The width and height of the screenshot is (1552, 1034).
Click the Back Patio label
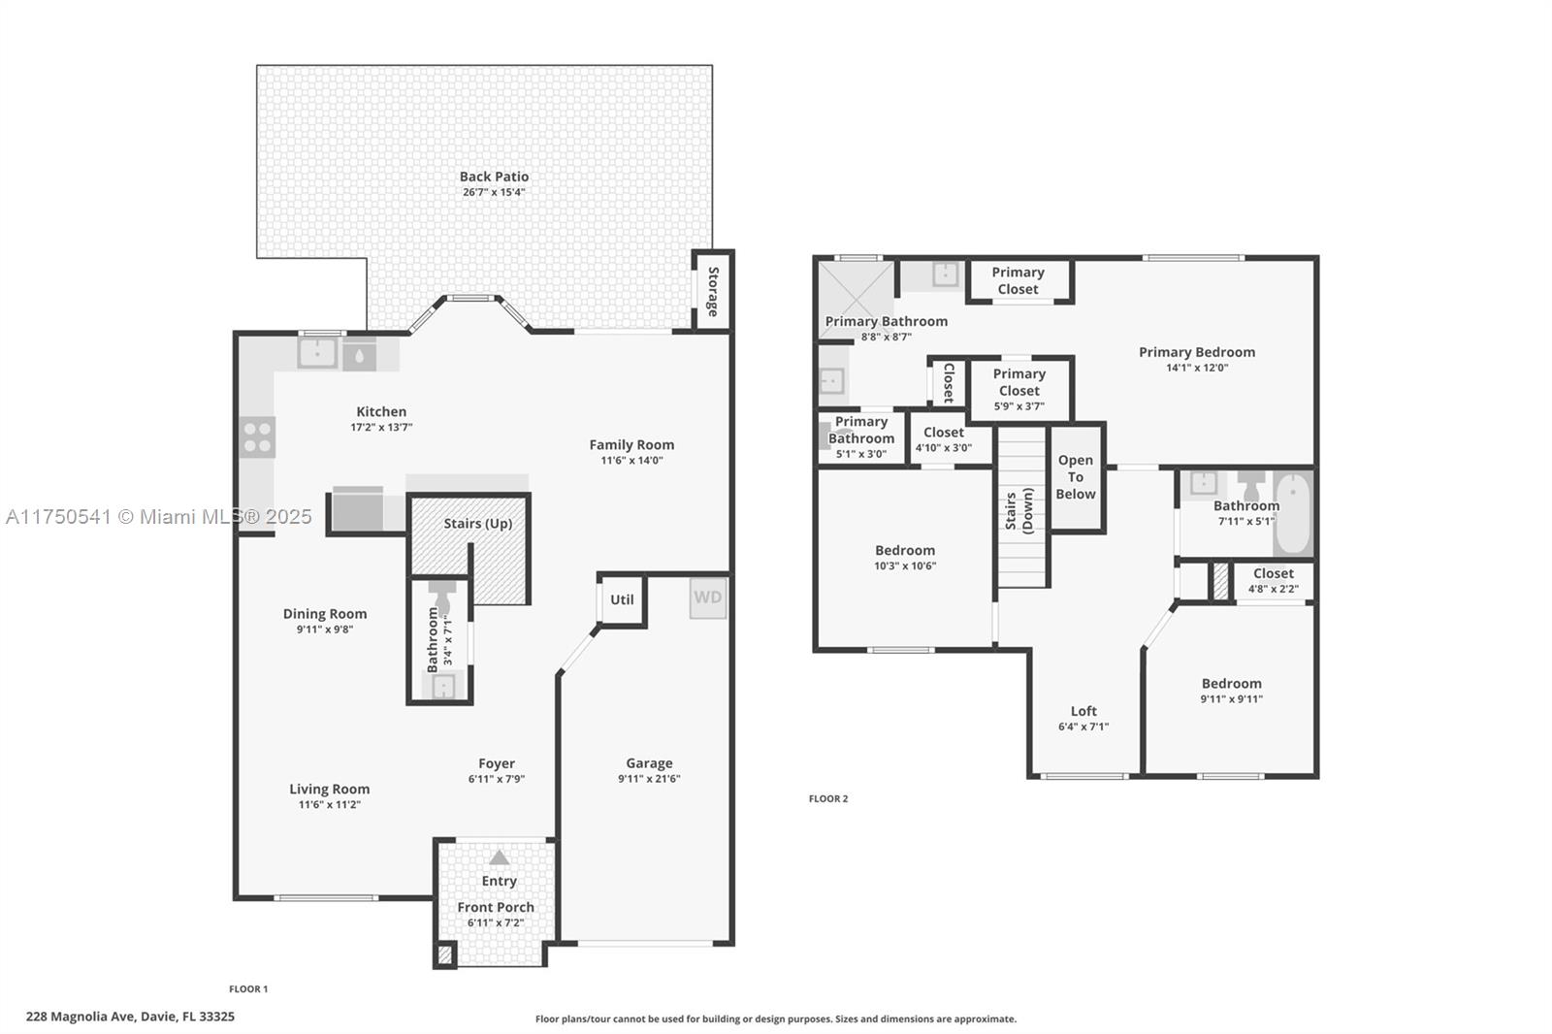494,177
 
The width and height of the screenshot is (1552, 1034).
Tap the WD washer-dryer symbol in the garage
708,598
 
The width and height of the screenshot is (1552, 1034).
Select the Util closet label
622,599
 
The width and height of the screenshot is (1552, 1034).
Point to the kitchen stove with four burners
257,436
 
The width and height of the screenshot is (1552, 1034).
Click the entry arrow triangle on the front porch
499,858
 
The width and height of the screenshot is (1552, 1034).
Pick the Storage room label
713,291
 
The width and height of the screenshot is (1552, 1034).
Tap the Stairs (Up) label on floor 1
478,523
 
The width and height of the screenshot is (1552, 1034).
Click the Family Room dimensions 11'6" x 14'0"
631,460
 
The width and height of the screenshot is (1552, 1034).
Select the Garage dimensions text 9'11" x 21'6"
649,778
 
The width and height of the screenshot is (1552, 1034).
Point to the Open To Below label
1076,477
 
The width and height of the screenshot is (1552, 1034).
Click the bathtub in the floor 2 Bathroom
1293,513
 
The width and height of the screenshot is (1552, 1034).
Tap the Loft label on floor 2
1083,711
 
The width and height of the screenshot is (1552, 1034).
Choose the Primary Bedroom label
1197,352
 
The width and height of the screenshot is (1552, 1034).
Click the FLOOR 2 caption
828,798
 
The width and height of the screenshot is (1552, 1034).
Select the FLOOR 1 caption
248,989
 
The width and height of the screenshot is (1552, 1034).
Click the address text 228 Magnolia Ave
81,1017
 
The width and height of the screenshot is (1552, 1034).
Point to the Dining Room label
325,614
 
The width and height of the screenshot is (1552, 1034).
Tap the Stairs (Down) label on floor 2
1019,511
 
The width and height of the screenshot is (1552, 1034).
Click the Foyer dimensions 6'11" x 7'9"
497,779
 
